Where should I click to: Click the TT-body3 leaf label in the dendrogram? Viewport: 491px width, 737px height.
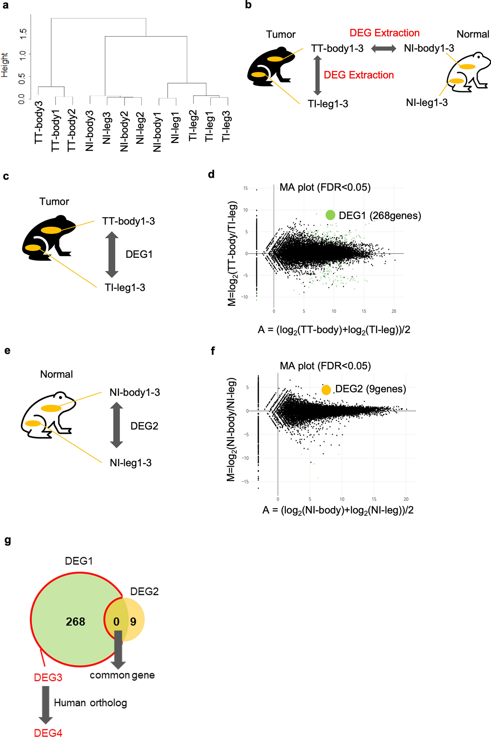click(x=39, y=122)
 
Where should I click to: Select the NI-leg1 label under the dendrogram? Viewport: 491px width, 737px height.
click(x=175, y=127)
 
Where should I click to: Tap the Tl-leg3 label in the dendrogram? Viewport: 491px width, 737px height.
click(x=226, y=126)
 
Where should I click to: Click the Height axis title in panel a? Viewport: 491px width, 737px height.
click(x=5, y=65)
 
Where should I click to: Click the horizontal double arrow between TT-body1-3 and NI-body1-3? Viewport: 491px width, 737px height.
click(x=383, y=49)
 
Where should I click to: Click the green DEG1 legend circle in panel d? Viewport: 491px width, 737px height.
click(x=330, y=215)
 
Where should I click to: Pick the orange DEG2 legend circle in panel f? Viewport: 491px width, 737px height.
click(x=326, y=390)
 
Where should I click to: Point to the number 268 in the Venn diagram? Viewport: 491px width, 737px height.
click(x=75, y=621)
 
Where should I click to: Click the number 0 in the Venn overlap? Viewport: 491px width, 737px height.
click(x=116, y=621)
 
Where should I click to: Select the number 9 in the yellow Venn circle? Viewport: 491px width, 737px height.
click(x=133, y=621)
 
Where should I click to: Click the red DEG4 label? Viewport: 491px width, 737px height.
click(x=48, y=732)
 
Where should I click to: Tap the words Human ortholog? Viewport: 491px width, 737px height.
click(x=90, y=703)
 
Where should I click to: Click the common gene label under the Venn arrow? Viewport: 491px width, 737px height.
click(x=122, y=675)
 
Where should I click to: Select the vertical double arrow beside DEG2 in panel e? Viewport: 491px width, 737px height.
click(x=116, y=425)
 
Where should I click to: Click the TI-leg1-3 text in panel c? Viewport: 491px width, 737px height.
click(x=125, y=288)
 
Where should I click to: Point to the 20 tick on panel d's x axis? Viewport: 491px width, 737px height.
click(x=394, y=311)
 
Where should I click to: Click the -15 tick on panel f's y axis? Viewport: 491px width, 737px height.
click(x=245, y=482)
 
